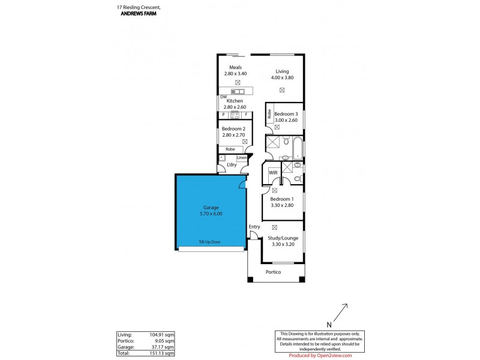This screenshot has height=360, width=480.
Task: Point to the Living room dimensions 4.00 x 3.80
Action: pyautogui.click(x=282, y=77)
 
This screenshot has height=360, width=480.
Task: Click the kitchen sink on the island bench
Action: pyautogui.click(x=238, y=91)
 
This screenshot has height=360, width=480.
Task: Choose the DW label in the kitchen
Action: pyautogui.click(x=223, y=97)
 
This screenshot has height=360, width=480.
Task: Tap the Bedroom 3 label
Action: pyautogui.click(x=286, y=114)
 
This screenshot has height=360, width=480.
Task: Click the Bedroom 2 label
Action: pyautogui.click(x=233, y=128)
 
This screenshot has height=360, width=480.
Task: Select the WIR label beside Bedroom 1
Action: pyautogui.click(x=273, y=173)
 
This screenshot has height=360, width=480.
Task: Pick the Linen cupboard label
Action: pyautogui.click(x=241, y=158)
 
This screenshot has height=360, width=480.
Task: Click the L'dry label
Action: pyautogui.click(x=231, y=165)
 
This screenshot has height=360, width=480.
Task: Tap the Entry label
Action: pyautogui.click(x=255, y=226)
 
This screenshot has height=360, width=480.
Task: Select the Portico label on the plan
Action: pyautogui.click(x=273, y=272)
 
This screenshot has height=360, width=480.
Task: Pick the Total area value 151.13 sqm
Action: pyautogui.click(x=161, y=353)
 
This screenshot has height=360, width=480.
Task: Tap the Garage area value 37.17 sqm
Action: pyautogui.click(x=163, y=347)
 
